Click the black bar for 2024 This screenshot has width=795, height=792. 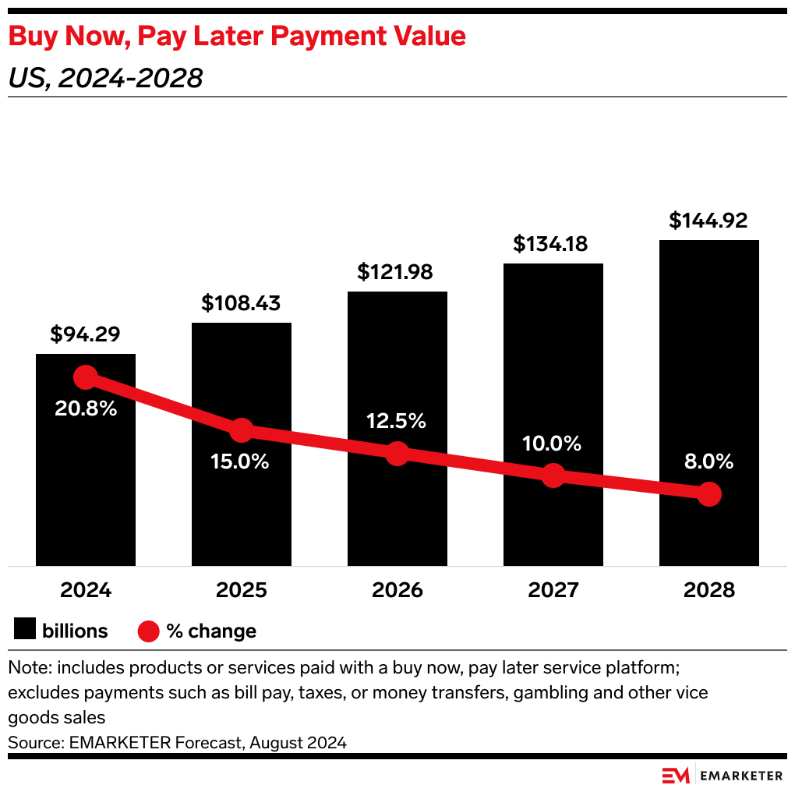pos(86,483)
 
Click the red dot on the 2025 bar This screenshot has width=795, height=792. pos(242,430)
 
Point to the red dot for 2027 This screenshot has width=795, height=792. pos(553,475)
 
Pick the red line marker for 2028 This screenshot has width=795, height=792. pos(708,493)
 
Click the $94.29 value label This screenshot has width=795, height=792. pos(86,334)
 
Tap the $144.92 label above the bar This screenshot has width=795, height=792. pos(708,221)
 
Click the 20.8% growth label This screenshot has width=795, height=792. pos(86,408)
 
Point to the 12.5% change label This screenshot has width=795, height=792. pos(397,421)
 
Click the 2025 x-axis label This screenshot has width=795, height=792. pos(242,590)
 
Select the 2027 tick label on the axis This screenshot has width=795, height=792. pos(553,590)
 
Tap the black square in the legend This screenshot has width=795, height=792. pos(25,630)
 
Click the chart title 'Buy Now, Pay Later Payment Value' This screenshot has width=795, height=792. pos(237,37)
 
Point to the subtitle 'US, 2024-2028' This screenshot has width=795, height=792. pos(106,78)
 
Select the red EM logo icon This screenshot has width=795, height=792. pos(676,776)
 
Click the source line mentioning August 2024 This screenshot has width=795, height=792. pos(178,743)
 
